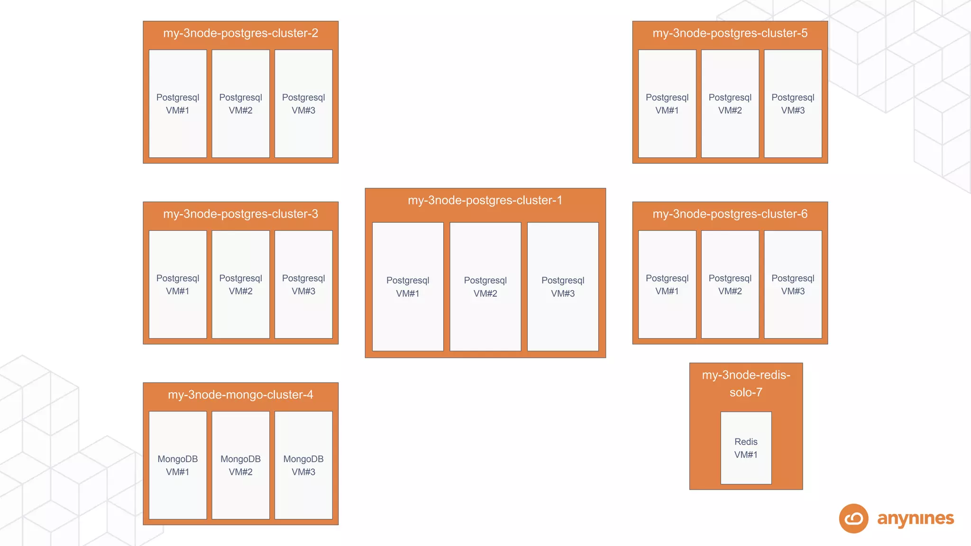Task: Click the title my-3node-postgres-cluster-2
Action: tap(240, 33)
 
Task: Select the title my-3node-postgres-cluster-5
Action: tap(730, 33)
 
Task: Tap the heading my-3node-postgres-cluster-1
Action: tap(485, 200)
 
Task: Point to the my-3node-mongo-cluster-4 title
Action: tap(240, 395)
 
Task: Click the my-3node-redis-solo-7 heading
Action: tap(746, 383)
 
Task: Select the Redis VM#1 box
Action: tap(746, 448)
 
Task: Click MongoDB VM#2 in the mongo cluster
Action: tap(240, 465)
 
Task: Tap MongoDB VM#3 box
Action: tap(303, 465)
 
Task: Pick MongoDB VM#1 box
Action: tap(178, 465)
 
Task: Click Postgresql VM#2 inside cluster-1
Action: tap(485, 287)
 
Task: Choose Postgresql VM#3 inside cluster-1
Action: tap(563, 287)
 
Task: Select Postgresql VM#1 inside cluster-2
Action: tap(178, 103)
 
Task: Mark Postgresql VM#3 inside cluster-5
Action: tap(793, 103)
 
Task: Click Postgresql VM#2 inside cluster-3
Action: tap(240, 284)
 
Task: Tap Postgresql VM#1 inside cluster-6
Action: tap(667, 284)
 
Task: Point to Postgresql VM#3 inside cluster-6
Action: tap(793, 284)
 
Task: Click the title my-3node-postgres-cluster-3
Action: tap(240, 214)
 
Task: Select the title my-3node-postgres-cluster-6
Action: tap(730, 214)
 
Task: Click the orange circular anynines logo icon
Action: tap(853, 519)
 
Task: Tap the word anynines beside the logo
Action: tap(915, 519)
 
